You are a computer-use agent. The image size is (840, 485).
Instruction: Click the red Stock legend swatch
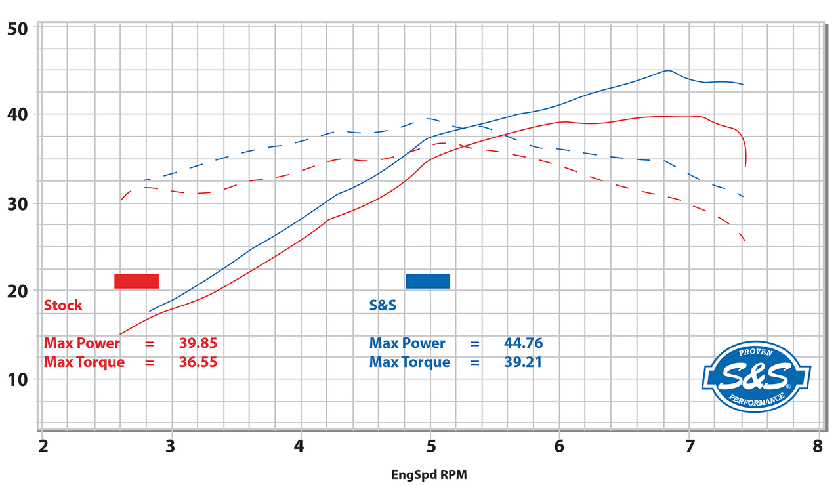point(136,281)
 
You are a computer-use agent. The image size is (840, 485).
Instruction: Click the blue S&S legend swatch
point(428,281)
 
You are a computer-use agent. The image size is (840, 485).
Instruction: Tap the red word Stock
point(63,305)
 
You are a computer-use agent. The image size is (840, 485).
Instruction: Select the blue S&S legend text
point(383,305)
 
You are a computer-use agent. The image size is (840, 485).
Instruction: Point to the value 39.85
point(198,343)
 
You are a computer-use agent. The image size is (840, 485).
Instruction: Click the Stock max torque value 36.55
point(198,362)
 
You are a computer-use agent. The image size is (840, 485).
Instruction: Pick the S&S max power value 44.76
point(523,343)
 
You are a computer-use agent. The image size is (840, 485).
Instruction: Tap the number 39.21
point(523,362)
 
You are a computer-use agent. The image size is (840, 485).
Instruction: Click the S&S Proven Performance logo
point(757,379)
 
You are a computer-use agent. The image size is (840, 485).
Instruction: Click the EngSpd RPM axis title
point(430,473)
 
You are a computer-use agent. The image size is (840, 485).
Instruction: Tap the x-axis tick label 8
point(817,446)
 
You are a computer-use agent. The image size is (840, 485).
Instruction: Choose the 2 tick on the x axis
point(43,446)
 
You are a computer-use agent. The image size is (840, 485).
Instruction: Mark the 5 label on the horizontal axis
point(430,446)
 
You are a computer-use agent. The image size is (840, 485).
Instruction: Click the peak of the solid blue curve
point(668,70)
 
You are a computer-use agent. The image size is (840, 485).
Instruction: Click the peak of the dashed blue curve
point(427,119)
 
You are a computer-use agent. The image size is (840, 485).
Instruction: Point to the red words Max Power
point(82,343)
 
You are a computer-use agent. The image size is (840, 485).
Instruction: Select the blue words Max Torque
point(409,362)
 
